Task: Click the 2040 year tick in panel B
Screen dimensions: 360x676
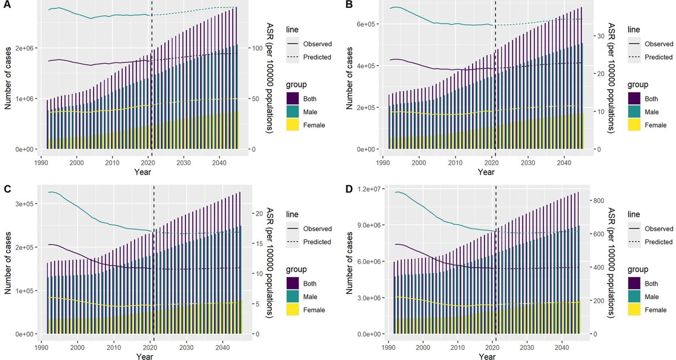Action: pyautogui.click(x=564, y=162)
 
